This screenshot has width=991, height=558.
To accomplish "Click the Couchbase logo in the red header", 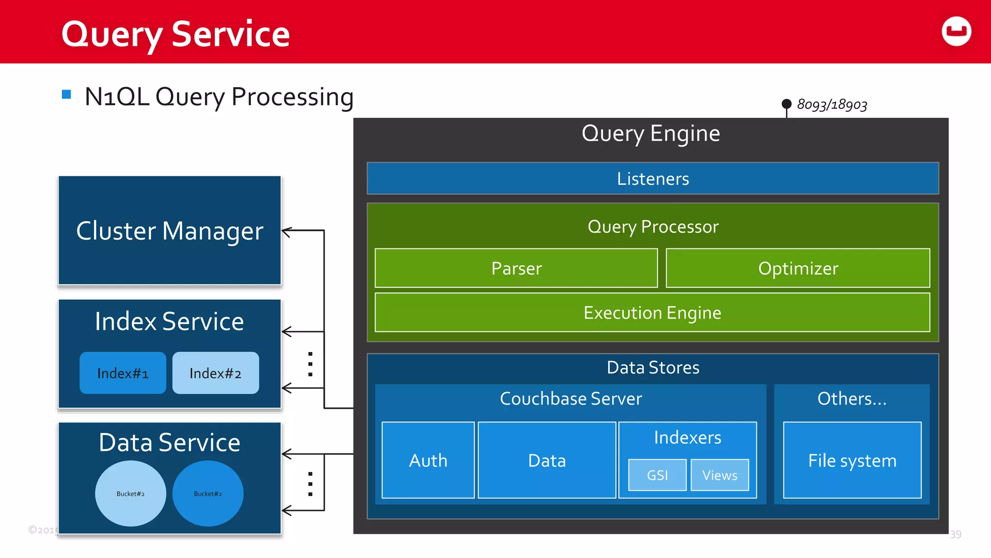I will point(956,31).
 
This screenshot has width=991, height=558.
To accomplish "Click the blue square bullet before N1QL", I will point(67,94).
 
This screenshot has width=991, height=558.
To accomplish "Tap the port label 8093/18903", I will point(832,105).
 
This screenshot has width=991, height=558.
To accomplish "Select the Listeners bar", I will point(652,179).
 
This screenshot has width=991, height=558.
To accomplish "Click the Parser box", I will point(516,268).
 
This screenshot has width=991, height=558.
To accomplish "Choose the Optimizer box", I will point(797,268).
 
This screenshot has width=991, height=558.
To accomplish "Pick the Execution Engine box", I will point(652,313).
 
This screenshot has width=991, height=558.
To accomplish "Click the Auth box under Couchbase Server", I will point(428,460).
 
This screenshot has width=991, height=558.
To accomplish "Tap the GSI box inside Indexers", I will point(657,475).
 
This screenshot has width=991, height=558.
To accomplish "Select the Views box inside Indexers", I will point(720,475).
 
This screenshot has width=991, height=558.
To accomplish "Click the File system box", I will point(852,460).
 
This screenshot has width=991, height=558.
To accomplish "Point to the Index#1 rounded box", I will point(123,373).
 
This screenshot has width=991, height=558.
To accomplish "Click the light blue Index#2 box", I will point(215,373).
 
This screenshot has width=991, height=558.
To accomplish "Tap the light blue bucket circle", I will point(131,494).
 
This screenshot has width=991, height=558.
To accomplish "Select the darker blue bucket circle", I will point(208,494).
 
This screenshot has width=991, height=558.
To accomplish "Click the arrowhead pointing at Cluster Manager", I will point(285,232).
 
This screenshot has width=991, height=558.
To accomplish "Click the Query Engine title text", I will point(650,133).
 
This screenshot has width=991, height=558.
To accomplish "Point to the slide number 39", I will point(955,534).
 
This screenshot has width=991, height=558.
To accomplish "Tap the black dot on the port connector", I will point(786,104).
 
